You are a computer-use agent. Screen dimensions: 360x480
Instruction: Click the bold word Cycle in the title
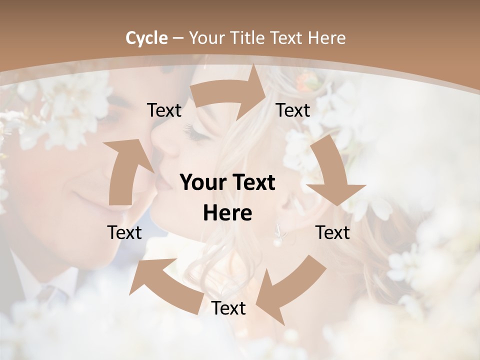[x=146, y=38]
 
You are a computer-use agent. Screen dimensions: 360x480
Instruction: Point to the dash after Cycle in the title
[x=178, y=38]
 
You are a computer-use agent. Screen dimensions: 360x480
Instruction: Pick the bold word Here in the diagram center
[x=227, y=213]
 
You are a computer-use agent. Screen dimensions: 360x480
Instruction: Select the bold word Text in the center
[x=252, y=182]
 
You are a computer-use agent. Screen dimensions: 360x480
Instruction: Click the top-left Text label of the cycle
[x=164, y=110]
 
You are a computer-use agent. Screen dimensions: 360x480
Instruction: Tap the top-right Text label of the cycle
[x=293, y=110]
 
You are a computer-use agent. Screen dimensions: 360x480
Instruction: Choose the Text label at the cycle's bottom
[x=228, y=308]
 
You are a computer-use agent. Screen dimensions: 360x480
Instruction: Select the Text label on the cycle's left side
[x=124, y=232]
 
